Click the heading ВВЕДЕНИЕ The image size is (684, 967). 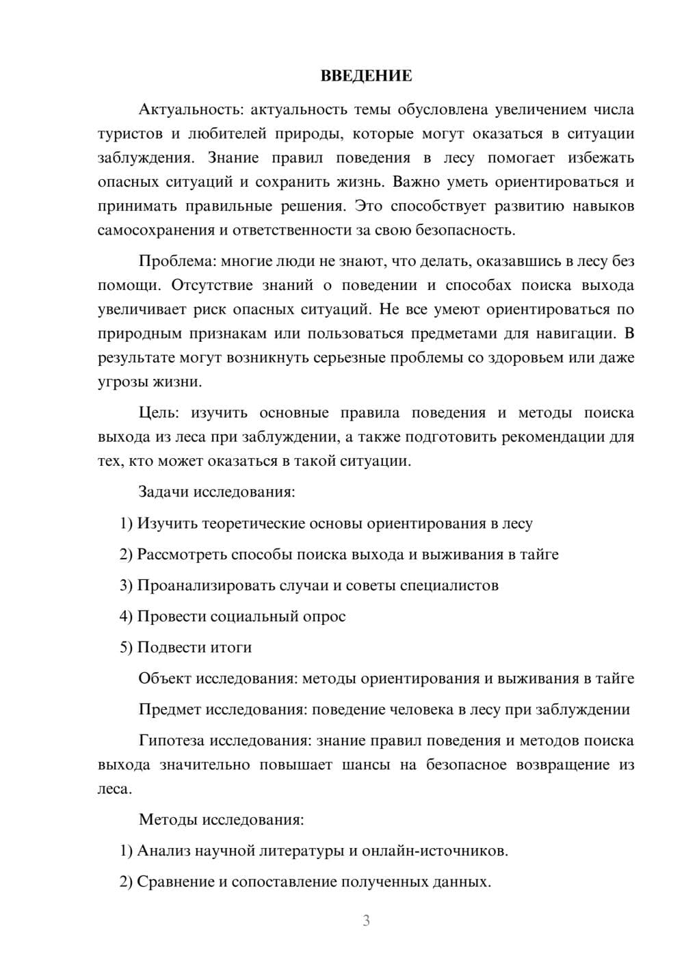coord(366,76)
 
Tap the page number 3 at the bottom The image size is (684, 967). coord(366,920)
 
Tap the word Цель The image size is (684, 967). coord(159,413)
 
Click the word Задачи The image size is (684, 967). coord(163,492)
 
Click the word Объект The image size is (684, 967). coord(165,678)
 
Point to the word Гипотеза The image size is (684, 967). coord(171,741)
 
